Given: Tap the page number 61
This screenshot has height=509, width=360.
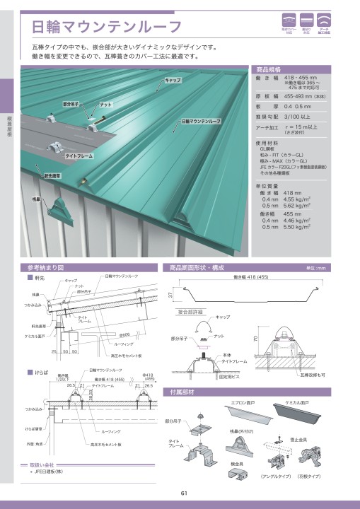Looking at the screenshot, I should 183,493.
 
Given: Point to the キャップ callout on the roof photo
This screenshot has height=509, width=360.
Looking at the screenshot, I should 173,81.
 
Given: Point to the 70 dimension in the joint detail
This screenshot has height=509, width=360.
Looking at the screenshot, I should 256,339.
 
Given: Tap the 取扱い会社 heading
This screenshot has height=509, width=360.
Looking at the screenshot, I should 42,464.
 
